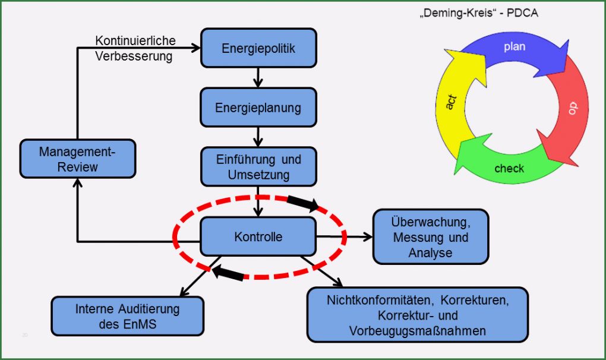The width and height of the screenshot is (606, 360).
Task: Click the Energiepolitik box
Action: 258,48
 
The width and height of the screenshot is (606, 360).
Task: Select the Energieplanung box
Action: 258,108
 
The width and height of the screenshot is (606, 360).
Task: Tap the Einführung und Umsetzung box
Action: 258,167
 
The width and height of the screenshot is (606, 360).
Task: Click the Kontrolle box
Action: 258,236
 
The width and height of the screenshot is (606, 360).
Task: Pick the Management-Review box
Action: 77,159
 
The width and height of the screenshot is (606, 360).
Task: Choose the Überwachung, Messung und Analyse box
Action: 430,236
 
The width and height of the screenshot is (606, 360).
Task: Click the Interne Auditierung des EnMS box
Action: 127,316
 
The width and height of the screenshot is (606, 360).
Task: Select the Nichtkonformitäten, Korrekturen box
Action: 418,315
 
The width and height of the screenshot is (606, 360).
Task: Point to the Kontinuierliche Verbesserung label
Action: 135,49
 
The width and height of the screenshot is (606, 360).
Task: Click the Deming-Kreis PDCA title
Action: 478,12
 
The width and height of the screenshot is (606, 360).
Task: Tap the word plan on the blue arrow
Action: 515,46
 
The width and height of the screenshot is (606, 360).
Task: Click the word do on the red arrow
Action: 572,108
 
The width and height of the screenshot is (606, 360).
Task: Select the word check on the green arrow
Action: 509,168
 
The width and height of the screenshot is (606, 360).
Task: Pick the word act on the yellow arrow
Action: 451,102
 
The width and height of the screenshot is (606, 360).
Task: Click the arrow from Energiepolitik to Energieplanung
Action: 258,77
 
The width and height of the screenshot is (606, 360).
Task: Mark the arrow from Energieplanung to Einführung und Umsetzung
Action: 258,137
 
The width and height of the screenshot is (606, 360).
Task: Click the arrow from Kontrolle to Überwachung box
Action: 345,236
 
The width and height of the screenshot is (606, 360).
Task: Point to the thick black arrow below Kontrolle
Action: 228,273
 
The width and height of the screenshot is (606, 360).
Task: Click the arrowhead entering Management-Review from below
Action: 77,184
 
